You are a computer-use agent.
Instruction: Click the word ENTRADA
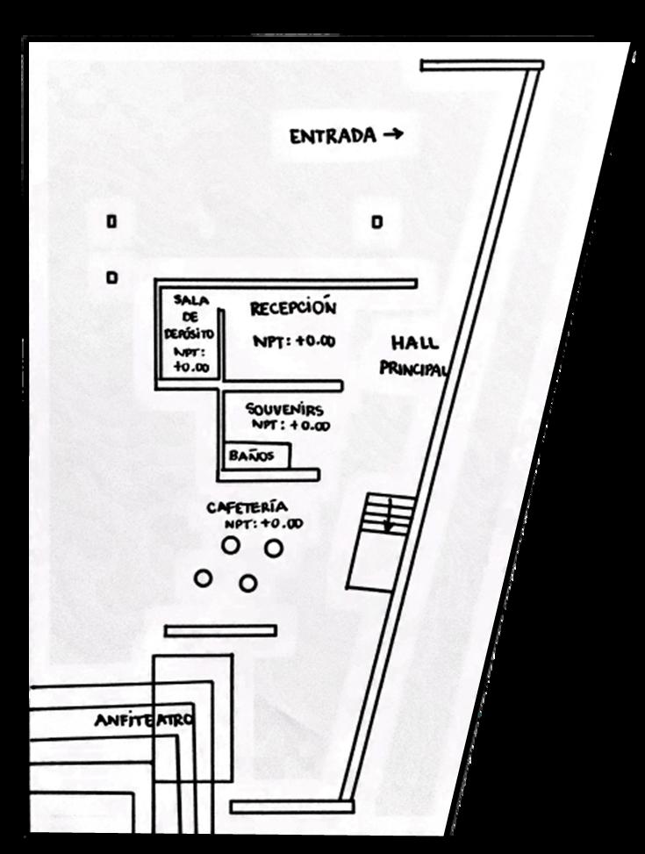333,137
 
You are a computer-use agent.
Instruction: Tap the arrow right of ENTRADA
393,135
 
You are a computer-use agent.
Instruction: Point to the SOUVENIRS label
283,410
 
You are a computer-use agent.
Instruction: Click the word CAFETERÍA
247,507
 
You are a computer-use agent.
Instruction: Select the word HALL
415,343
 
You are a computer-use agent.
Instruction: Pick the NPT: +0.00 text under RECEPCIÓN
293,341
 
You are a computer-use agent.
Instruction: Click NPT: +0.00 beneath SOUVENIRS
291,426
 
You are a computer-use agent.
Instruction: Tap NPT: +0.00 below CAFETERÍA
263,524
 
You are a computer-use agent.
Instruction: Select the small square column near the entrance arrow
376,222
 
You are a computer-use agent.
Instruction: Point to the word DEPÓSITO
189,334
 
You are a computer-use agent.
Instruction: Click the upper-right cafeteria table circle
274,548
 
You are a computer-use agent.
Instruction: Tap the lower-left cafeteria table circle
204,578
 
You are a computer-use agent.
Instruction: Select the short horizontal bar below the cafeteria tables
220,630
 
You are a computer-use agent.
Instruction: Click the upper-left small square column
111,222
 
